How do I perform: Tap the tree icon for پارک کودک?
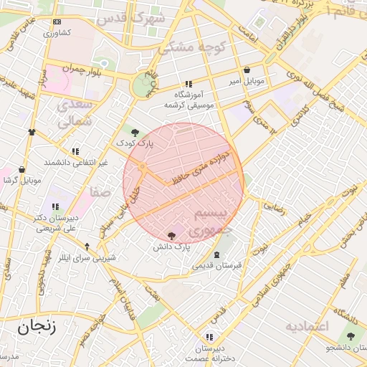[135, 131]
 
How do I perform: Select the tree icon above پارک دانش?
[171, 235]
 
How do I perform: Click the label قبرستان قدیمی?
[217, 266]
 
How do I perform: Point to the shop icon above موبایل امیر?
[247, 70]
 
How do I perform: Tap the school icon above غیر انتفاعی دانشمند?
[75, 151]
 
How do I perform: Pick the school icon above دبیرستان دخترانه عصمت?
[209, 336]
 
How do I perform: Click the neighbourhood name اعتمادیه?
[306, 327]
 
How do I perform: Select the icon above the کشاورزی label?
[57, 22]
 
